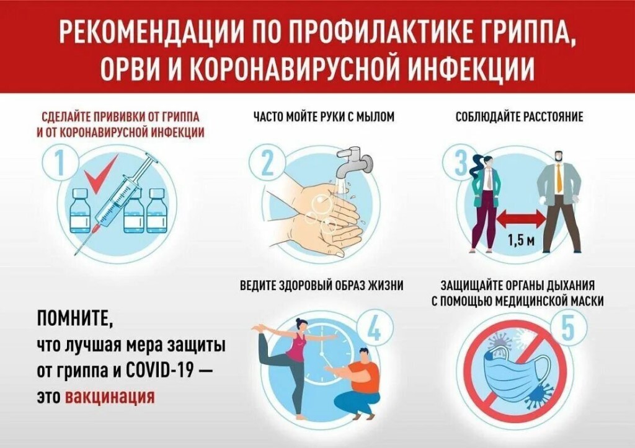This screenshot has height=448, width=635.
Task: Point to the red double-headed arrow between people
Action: [x=520, y=217]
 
